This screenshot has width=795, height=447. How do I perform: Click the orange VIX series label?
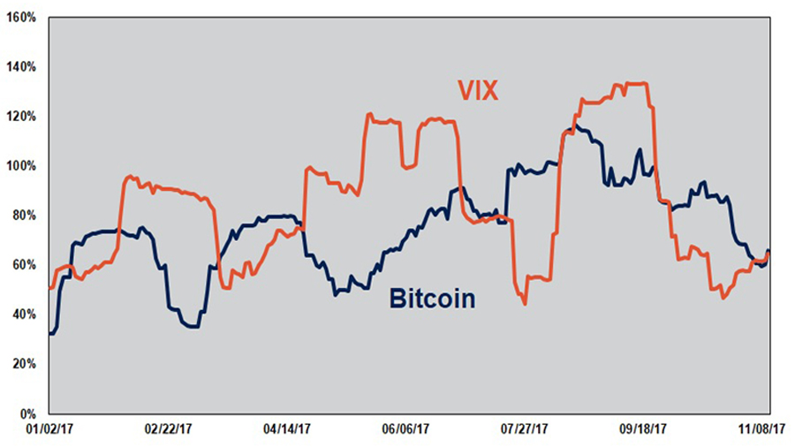point(479,90)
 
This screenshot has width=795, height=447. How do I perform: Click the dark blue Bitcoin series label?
point(432,299)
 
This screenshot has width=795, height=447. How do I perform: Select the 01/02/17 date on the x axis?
point(49,430)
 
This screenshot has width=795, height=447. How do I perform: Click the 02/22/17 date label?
point(167,430)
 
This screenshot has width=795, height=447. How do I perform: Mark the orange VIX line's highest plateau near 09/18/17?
point(636,84)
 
